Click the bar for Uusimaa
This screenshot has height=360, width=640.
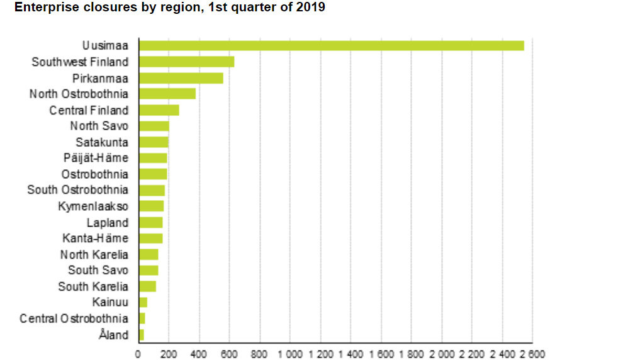(x=331, y=45)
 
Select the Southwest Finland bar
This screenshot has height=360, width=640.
(x=186, y=62)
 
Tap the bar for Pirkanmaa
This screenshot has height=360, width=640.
(x=181, y=78)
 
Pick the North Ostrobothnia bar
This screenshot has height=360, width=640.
(x=167, y=94)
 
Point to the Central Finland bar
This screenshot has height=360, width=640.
(x=159, y=110)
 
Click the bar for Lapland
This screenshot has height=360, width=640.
(x=150, y=222)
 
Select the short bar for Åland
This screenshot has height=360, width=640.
(x=142, y=335)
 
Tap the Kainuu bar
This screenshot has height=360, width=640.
(x=143, y=303)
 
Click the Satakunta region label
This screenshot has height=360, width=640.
(x=101, y=142)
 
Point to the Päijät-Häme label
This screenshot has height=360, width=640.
(x=96, y=158)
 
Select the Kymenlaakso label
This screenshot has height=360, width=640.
(x=93, y=206)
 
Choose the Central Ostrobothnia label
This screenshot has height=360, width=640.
(x=74, y=318)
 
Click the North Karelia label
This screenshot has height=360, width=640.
(x=94, y=254)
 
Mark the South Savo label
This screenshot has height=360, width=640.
(x=98, y=270)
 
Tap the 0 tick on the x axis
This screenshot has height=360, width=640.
(x=138, y=354)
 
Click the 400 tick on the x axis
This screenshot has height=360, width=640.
(x=199, y=354)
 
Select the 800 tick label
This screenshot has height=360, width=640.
(x=259, y=354)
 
